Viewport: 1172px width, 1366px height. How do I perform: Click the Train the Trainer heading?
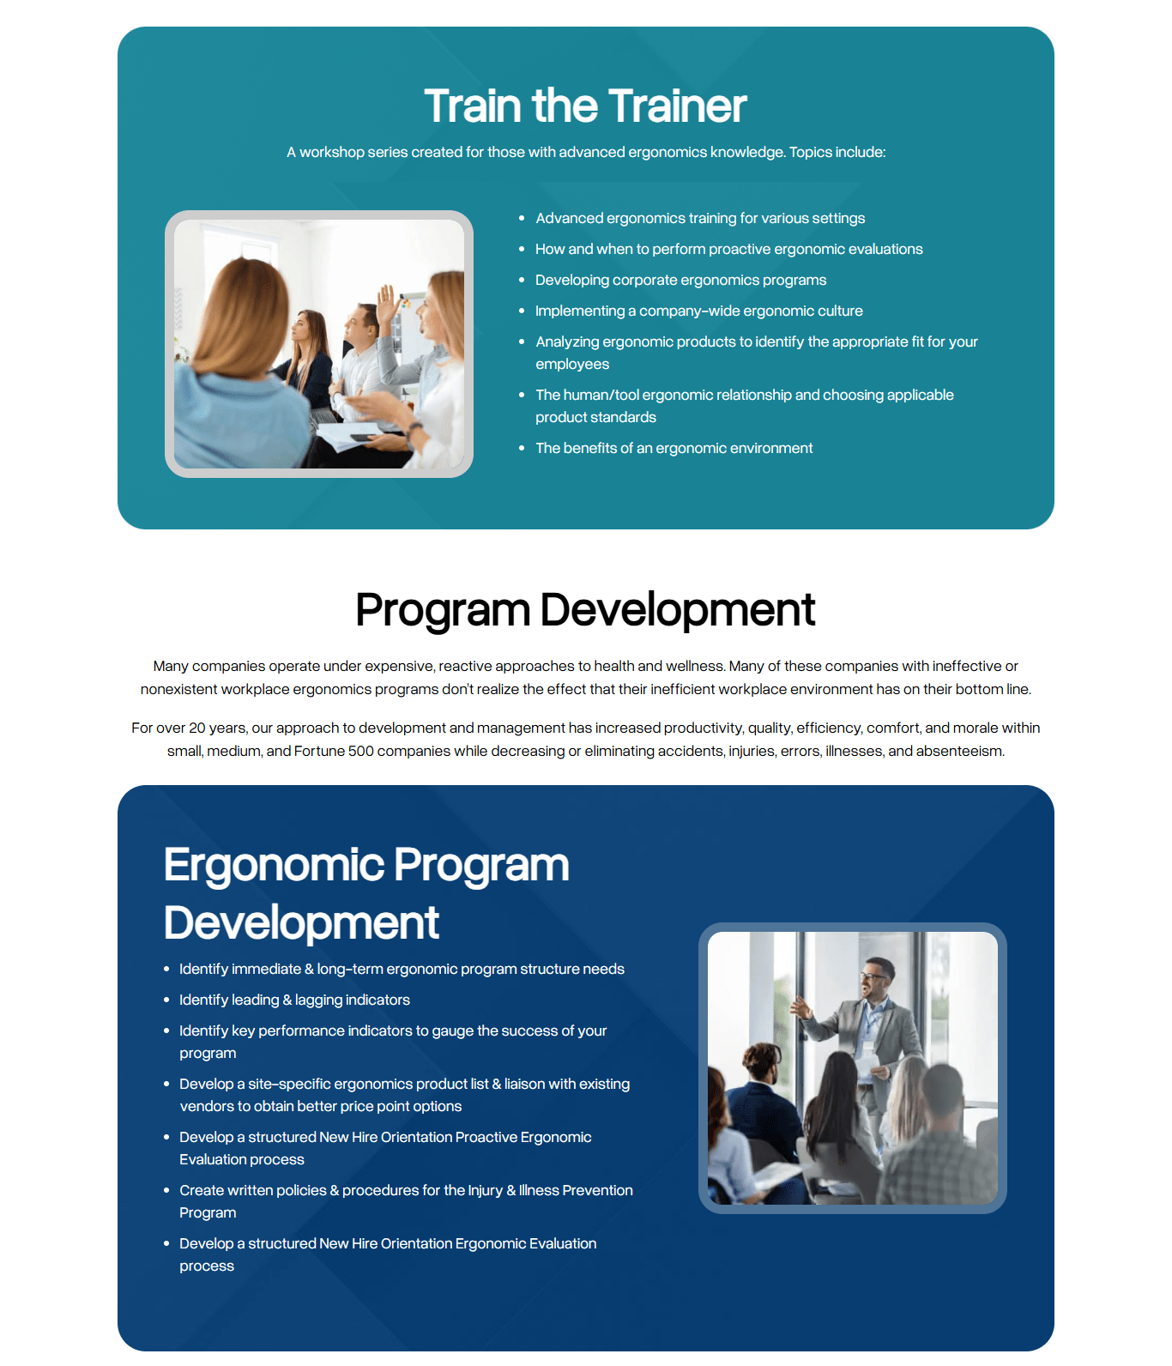pyautogui.click(x=585, y=106)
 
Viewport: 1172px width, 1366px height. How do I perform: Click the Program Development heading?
pyautogui.click(x=585, y=610)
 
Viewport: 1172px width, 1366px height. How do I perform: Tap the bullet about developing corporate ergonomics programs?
pyautogui.click(x=680, y=280)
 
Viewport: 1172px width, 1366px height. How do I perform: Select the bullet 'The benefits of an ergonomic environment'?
pyautogui.click(x=674, y=448)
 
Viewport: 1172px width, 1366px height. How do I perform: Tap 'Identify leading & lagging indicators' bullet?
pyautogui.click(x=294, y=1000)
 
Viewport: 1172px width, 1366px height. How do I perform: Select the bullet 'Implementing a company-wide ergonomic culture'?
pyautogui.click(x=698, y=311)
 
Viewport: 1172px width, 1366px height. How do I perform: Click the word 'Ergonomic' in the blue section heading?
pyautogui.click(x=274, y=865)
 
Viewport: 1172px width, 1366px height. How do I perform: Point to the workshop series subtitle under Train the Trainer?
pyautogui.click(x=586, y=152)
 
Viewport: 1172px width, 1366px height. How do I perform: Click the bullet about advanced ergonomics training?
pyautogui.click(x=700, y=218)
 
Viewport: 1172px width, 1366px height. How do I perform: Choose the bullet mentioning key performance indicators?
pyautogui.click(x=393, y=1042)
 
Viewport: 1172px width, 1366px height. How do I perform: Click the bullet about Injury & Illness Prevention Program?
pyautogui.click(x=406, y=1201)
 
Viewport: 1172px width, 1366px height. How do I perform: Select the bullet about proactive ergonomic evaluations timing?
pyautogui.click(x=728, y=249)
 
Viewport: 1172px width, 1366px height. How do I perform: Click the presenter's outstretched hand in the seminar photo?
pyautogui.click(x=801, y=1007)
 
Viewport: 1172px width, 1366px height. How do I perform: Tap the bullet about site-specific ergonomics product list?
pyautogui.click(x=404, y=1095)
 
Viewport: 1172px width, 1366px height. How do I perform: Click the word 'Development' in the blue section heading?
pyautogui.click(x=301, y=923)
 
